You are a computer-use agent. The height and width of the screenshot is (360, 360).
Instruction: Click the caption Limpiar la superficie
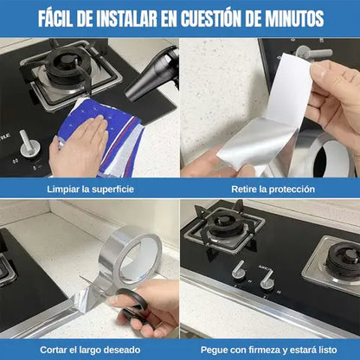coord(89,188)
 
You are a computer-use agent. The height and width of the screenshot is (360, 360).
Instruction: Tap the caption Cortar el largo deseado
coord(89,349)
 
